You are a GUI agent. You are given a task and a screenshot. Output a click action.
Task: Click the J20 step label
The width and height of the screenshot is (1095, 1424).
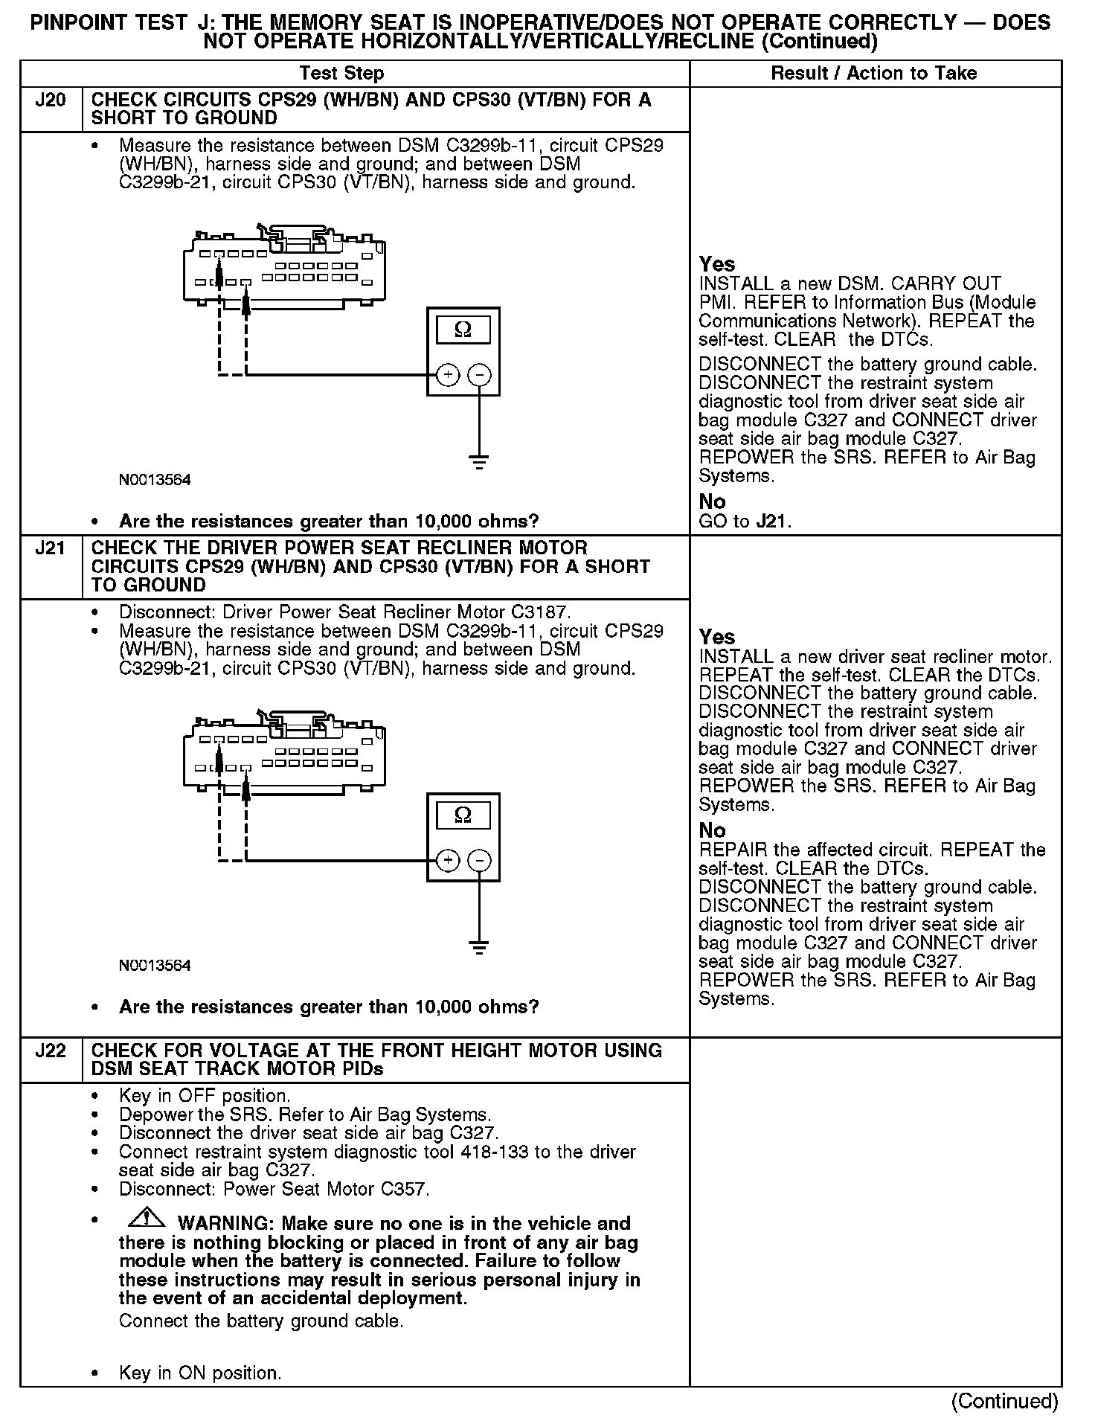click(51, 100)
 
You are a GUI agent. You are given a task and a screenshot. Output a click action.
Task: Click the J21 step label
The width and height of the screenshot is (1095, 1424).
click(51, 549)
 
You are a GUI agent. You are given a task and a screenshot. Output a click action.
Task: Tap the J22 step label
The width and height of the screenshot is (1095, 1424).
click(51, 1051)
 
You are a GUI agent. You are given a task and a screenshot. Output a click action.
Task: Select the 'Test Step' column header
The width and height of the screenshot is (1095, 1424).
click(341, 73)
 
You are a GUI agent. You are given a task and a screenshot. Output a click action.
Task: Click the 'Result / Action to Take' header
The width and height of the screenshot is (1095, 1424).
click(873, 73)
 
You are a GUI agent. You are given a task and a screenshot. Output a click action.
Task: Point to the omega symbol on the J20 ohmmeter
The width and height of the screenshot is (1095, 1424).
click(463, 330)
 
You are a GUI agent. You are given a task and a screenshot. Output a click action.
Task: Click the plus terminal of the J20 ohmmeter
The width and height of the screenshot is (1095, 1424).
click(447, 375)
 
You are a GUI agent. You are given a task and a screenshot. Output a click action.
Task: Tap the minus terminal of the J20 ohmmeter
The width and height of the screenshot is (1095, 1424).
click(480, 375)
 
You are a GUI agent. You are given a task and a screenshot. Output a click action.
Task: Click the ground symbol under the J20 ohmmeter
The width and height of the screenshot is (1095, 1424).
click(480, 462)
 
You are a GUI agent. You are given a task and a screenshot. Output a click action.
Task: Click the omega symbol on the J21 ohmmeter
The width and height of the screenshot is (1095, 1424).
click(463, 815)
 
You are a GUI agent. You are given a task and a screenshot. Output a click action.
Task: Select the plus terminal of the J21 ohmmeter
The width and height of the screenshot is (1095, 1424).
click(447, 861)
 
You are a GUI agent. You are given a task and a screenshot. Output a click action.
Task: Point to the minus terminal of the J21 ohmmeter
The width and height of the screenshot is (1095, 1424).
click(480, 861)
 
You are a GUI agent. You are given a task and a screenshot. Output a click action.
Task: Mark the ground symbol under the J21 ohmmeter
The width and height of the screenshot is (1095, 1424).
click(480, 948)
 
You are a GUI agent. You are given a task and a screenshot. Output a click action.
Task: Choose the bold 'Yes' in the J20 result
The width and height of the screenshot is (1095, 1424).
click(717, 265)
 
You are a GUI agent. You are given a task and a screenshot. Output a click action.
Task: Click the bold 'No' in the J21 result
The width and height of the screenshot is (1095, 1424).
click(712, 830)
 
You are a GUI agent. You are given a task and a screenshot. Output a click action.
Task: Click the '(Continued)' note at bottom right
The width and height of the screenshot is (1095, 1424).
click(1004, 1402)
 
